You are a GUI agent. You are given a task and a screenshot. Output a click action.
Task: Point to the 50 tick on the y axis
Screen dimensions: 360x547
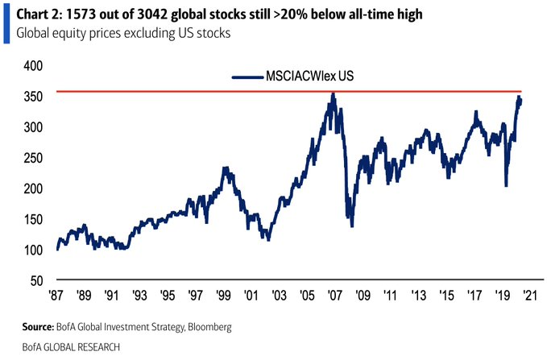coord(31,280)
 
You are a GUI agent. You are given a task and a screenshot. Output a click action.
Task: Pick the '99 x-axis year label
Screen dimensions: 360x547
coord(224,294)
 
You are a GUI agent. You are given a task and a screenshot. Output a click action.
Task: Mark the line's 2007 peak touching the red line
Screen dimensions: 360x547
coord(333,93)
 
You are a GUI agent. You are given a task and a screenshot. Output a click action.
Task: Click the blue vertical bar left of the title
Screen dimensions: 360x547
coord(5,22)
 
